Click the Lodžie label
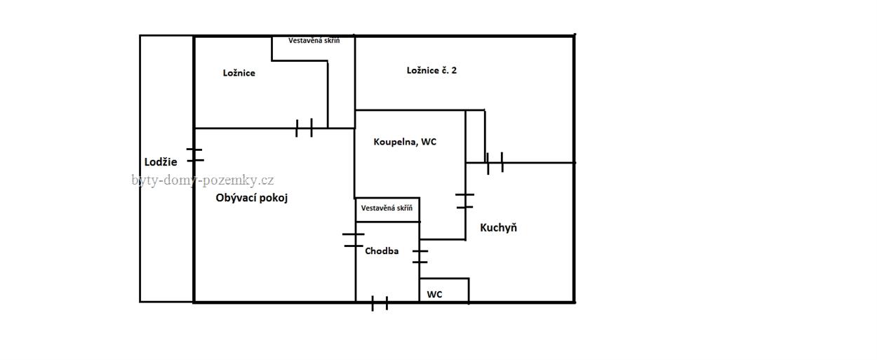(x=161, y=162)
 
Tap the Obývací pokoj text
(x=251, y=198)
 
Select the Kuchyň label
(x=498, y=227)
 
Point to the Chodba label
(x=382, y=251)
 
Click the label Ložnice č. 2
(x=431, y=70)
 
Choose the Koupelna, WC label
(x=405, y=142)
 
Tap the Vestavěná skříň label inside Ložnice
(x=314, y=41)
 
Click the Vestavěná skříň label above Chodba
(x=387, y=208)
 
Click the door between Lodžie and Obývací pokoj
(x=194, y=155)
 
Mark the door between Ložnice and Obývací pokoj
(x=304, y=128)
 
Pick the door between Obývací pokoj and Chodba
(x=354, y=240)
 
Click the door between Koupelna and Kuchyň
(x=464, y=201)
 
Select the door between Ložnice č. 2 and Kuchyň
(x=495, y=163)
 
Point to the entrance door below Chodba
(x=379, y=303)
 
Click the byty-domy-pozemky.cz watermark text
(x=203, y=180)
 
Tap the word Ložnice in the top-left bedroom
(x=239, y=73)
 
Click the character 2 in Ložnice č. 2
(x=454, y=70)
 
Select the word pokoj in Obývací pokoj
(x=273, y=198)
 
